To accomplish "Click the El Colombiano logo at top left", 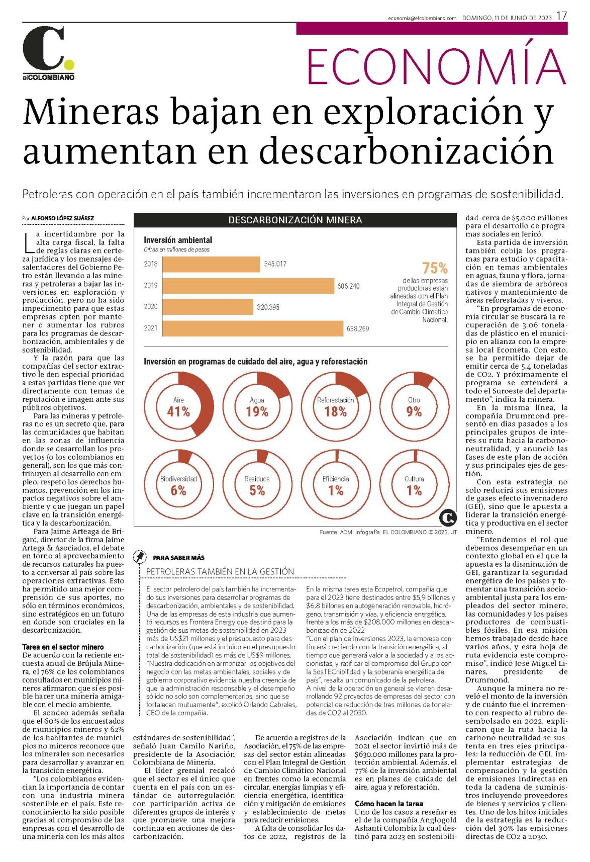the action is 48,53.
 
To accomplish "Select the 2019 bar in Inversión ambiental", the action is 248,286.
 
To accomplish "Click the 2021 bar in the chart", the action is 253,328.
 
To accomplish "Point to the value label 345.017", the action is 275,264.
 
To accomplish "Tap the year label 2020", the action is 151,307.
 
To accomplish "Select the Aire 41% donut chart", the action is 179,407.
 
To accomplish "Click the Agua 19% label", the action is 257,407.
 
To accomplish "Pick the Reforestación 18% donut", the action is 336,407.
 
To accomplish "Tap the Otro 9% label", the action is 414,407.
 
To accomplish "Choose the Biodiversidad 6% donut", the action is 179,485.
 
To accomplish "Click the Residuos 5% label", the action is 257,486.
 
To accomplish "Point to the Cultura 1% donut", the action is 414,485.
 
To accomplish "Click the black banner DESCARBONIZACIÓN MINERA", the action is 295,220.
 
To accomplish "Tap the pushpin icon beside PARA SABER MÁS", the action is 140,557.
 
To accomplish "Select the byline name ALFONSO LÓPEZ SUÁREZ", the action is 62,218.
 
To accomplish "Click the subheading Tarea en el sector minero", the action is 63,647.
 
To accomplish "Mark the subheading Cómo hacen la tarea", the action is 389,804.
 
